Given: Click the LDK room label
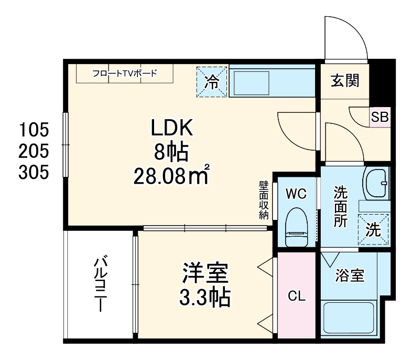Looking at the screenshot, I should click(172, 127).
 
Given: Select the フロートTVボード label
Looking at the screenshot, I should click(124, 73).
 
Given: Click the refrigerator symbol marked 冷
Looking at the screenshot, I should click(212, 81).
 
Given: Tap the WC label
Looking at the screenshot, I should click(296, 193).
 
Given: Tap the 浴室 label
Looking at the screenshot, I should click(350, 275).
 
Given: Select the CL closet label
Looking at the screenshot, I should click(296, 296).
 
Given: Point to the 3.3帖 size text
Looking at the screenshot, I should click(205, 298).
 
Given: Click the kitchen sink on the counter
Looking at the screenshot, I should click(250, 83).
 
